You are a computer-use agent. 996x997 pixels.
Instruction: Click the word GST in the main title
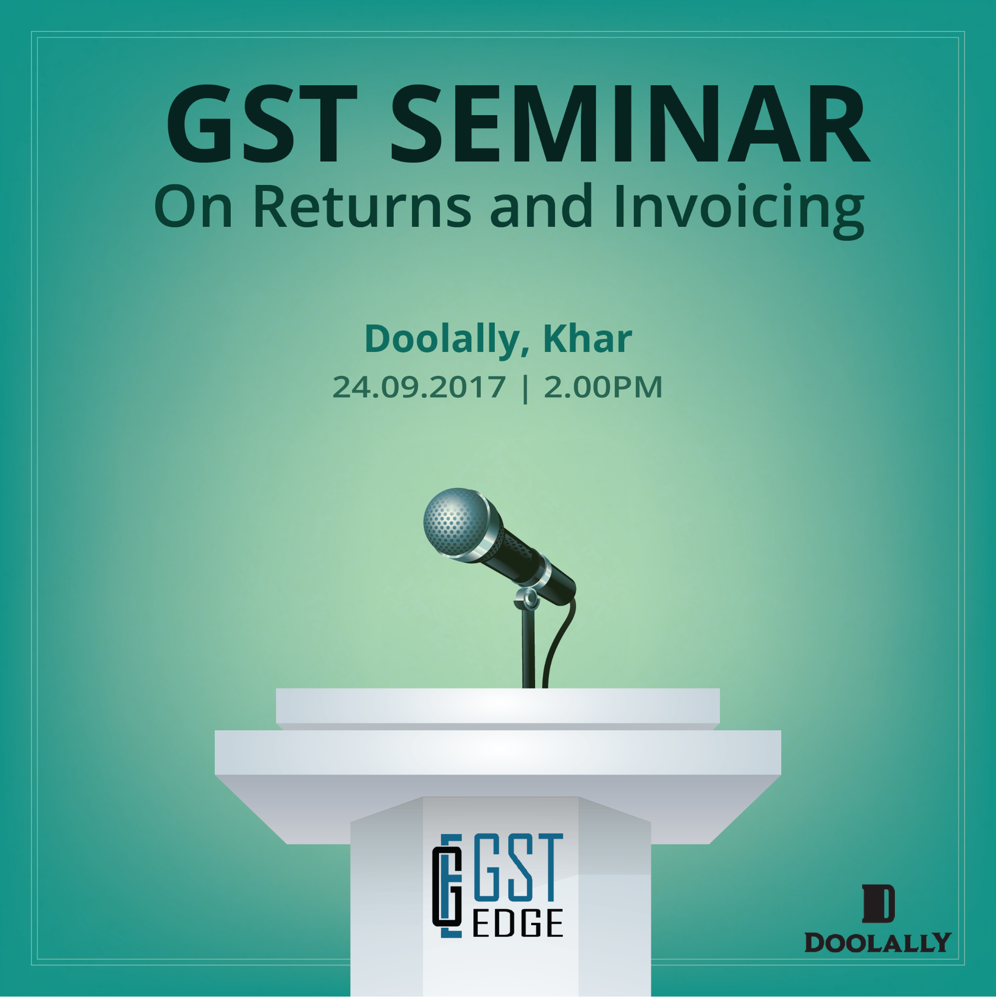pyautogui.click(x=261, y=123)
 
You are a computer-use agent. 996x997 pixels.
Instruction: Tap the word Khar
pyautogui.click(x=587, y=338)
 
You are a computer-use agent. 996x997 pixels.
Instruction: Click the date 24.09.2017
pyautogui.click(x=419, y=387)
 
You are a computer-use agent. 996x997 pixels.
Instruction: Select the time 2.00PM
pyautogui.click(x=603, y=387)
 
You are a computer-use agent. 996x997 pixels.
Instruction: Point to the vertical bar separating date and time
pyautogui.click(x=525, y=388)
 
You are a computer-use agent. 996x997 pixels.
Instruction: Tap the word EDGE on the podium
pyautogui.click(x=517, y=938)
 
